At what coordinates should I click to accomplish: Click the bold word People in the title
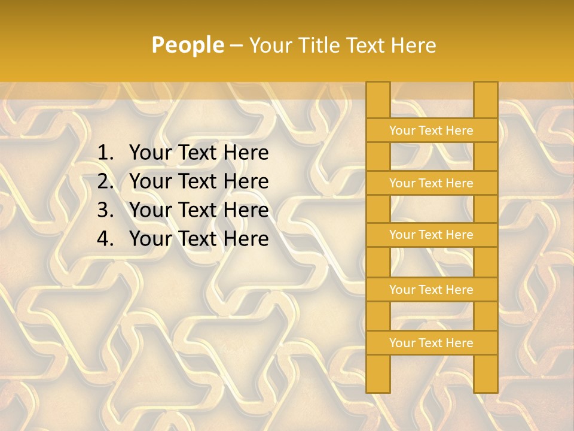(187, 45)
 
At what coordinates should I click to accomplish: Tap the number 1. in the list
(105, 153)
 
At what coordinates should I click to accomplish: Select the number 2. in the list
(105, 181)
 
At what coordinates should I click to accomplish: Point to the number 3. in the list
(105, 210)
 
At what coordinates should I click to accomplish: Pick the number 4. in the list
(105, 239)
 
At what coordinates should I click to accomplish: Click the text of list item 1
(199, 153)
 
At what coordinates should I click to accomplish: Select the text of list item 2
(199, 181)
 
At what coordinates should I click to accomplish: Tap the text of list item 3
(199, 210)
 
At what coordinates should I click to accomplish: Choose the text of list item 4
(199, 239)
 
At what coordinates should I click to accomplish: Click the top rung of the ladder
(431, 130)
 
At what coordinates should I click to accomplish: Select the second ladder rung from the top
(431, 183)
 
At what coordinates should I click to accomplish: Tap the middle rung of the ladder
(431, 235)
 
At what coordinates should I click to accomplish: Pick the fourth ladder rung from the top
(431, 290)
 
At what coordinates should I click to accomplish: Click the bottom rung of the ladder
(431, 343)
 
